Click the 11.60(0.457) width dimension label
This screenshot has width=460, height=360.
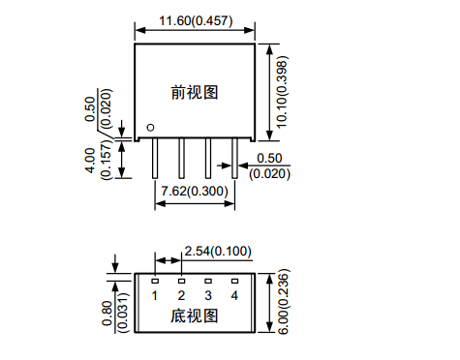click(x=196, y=21)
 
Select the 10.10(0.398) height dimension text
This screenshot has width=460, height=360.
click(x=282, y=92)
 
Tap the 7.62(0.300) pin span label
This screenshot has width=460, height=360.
click(x=195, y=191)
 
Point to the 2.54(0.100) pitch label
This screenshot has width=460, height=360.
click(x=218, y=251)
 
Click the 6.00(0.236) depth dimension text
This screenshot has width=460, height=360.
click(x=283, y=302)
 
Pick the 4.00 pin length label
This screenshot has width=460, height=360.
click(x=90, y=161)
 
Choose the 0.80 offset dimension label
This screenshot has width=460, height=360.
click(x=107, y=314)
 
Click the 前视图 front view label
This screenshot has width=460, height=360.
click(x=195, y=93)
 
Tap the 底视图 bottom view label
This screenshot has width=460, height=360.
click(x=195, y=315)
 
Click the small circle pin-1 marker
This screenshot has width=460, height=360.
click(x=150, y=128)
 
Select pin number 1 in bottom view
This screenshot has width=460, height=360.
click(x=155, y=295)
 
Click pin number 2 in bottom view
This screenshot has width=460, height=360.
click(x=181, y=295)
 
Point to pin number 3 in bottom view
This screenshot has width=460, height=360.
click(x=208, y=295)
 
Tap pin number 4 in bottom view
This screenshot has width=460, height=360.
click(x=234, y=295)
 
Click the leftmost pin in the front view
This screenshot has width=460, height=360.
click(x=155, y=158)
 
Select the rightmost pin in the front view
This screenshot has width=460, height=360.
click(x=234, y=158)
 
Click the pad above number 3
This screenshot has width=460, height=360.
click(x=208, y=282)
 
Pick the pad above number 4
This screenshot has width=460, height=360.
click(x=234, y=282)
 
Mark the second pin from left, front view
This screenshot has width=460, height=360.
click(x=181, y=158)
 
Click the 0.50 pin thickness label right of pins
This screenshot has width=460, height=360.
click(x=269, y=159)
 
